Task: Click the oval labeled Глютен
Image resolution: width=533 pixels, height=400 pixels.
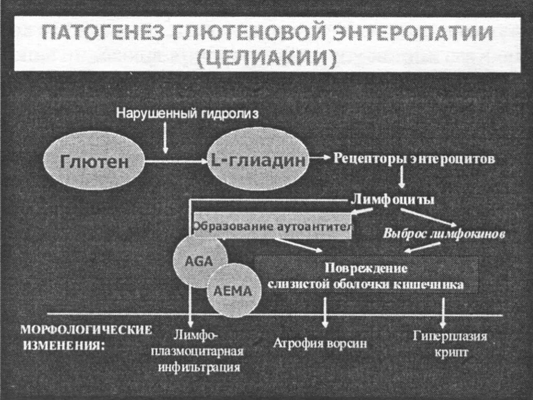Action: (x=94, y=161)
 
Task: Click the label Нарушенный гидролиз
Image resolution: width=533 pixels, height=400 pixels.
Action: (x=187, y=113)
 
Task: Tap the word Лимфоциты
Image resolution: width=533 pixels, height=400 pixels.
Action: (x=394, y=199)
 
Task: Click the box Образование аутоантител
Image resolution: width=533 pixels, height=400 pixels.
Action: (x=272, y=227)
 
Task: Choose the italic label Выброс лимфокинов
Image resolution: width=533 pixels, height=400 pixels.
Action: (x=444, y=234)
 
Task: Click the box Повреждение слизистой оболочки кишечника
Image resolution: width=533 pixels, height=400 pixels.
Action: (x=365, y=277)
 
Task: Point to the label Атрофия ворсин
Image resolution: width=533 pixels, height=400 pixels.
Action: (x=320, y=344)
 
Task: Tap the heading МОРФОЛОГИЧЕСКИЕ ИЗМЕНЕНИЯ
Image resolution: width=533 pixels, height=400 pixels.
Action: (x=86, y=337)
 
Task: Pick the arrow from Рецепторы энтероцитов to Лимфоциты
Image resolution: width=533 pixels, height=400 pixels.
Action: (x=401, y=179)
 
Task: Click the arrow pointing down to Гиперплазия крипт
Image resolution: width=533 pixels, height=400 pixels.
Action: (x=443, y=312)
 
